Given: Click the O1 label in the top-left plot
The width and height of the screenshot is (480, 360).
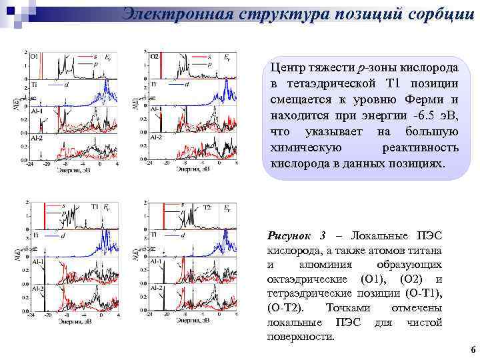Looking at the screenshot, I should click(34, 57).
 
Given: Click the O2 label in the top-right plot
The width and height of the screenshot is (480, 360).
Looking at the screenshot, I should click(153, 57).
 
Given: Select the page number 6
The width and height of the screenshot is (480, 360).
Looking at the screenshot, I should click(472, 350).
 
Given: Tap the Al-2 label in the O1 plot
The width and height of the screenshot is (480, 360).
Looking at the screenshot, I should click(36, 138).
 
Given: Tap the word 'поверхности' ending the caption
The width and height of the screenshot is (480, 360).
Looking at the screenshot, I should click(300, 337).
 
